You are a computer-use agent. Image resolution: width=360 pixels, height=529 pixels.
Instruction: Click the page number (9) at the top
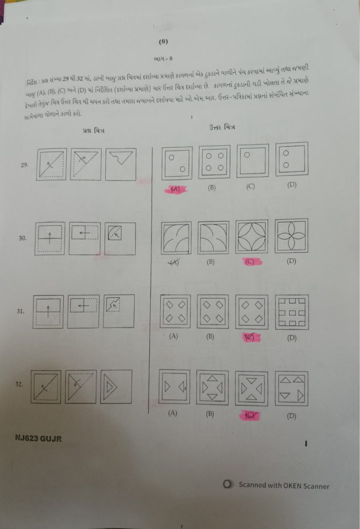click(x=163, y=42)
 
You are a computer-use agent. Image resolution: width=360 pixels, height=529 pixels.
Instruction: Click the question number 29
click(x=25, y=165)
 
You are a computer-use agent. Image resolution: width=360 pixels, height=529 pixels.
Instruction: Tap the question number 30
click(x=23, y=238)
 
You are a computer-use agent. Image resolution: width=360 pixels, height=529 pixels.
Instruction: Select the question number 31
click(x=20, y=312)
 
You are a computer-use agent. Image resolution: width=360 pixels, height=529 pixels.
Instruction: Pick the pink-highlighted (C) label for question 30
click(x=251, y=262)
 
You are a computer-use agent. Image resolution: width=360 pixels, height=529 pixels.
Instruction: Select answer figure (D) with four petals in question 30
click(x=291, y=236)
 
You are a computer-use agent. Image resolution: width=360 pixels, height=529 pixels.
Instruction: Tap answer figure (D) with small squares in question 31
click(x=291, y=312)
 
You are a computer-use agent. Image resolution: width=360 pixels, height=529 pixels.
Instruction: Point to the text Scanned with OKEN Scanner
click(x=284, y=485)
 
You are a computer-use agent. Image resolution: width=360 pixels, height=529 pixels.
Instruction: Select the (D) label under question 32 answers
click(x=292, y=416)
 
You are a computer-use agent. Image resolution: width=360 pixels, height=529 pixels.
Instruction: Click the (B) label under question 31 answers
click(x=210, y=337)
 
